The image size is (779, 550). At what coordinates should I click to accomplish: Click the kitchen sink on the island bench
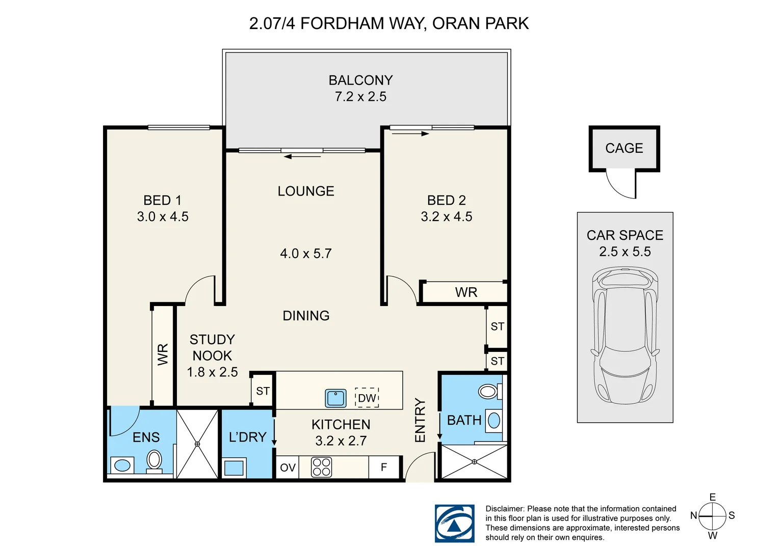(335, 398)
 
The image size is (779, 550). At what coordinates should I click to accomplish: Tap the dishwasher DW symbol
(367, 397)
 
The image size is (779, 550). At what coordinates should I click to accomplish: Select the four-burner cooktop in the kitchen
(321, 467)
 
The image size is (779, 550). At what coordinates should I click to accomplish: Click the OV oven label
(288, 468)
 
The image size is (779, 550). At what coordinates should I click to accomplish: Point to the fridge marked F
(383, 467)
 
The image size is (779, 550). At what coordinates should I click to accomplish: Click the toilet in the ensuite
(154, 461)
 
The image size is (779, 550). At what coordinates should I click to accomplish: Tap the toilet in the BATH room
(489, 392)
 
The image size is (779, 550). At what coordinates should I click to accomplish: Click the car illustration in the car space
(625, 336)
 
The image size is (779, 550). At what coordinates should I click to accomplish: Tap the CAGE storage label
(624, 148)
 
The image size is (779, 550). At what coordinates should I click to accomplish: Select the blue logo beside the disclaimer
(455, 523)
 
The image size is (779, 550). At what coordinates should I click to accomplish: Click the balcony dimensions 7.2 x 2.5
(360, 97)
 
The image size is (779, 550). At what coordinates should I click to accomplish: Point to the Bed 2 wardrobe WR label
(466, 292)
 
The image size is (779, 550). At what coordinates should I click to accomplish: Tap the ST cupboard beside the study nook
(263, 391)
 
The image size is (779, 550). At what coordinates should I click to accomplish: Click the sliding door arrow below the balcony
(302, 157)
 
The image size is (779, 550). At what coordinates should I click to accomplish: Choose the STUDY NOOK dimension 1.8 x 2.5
(212, 372)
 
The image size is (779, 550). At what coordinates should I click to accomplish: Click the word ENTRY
(420, 420)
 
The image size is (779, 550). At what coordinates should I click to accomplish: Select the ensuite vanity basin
(122, 465)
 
